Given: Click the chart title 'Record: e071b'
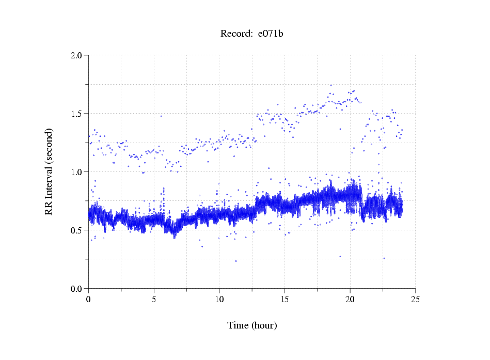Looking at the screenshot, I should (x=252, y=34).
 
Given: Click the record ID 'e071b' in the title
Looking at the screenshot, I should (x=271, y=34).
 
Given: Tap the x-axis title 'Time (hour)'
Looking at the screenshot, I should (x=252, y=325).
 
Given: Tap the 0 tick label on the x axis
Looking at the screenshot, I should (x=89, y=299).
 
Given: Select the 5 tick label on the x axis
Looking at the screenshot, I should (x=154, y=299).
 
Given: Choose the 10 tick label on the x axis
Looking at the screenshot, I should (x=219, y=299).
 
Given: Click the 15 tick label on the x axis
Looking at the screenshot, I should (x=284, y=299).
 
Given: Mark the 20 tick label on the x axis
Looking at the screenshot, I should (x=350, y=299).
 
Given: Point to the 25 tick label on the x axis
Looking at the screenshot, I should (x=415, y=299).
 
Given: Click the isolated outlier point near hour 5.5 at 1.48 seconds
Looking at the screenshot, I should (x=161, y=116).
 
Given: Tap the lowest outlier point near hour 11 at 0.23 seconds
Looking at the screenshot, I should (x=236, y=261).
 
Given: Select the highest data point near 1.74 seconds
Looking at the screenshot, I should (x=331, y=85).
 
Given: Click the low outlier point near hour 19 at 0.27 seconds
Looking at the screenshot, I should (x=340, y=256).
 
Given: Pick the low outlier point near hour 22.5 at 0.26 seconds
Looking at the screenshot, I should (x=384, y=258).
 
